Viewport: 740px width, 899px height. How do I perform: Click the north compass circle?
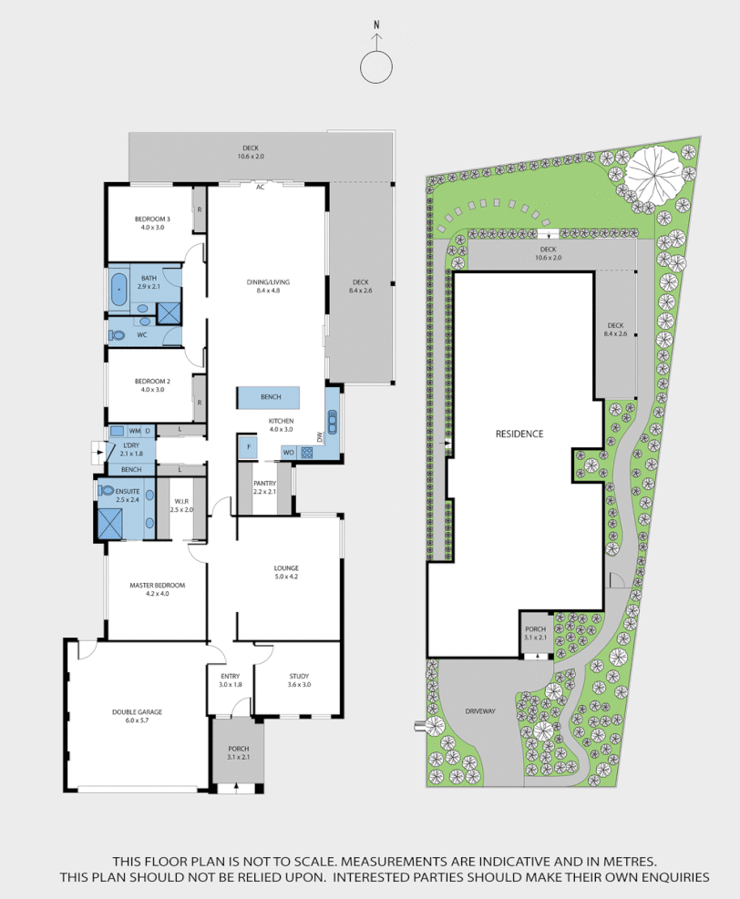point(376,67)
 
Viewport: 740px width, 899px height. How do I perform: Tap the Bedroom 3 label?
point(152,223)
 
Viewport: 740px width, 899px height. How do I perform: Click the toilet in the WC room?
point(118,335)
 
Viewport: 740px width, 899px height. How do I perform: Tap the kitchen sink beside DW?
point(332,424)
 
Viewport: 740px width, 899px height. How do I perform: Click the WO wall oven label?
point(288,452)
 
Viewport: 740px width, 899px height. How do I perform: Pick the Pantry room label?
point(264,487)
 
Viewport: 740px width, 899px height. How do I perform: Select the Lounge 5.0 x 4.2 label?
point(286,572)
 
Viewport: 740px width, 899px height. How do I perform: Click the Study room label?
point(299,679)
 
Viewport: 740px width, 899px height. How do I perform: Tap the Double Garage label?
point(137,716)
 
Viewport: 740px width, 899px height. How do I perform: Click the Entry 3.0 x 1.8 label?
point(230,679)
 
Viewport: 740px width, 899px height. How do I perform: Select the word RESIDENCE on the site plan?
point(519,434)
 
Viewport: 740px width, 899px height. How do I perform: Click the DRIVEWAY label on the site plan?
point(479,711)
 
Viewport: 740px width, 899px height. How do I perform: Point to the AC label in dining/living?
point(260,187)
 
